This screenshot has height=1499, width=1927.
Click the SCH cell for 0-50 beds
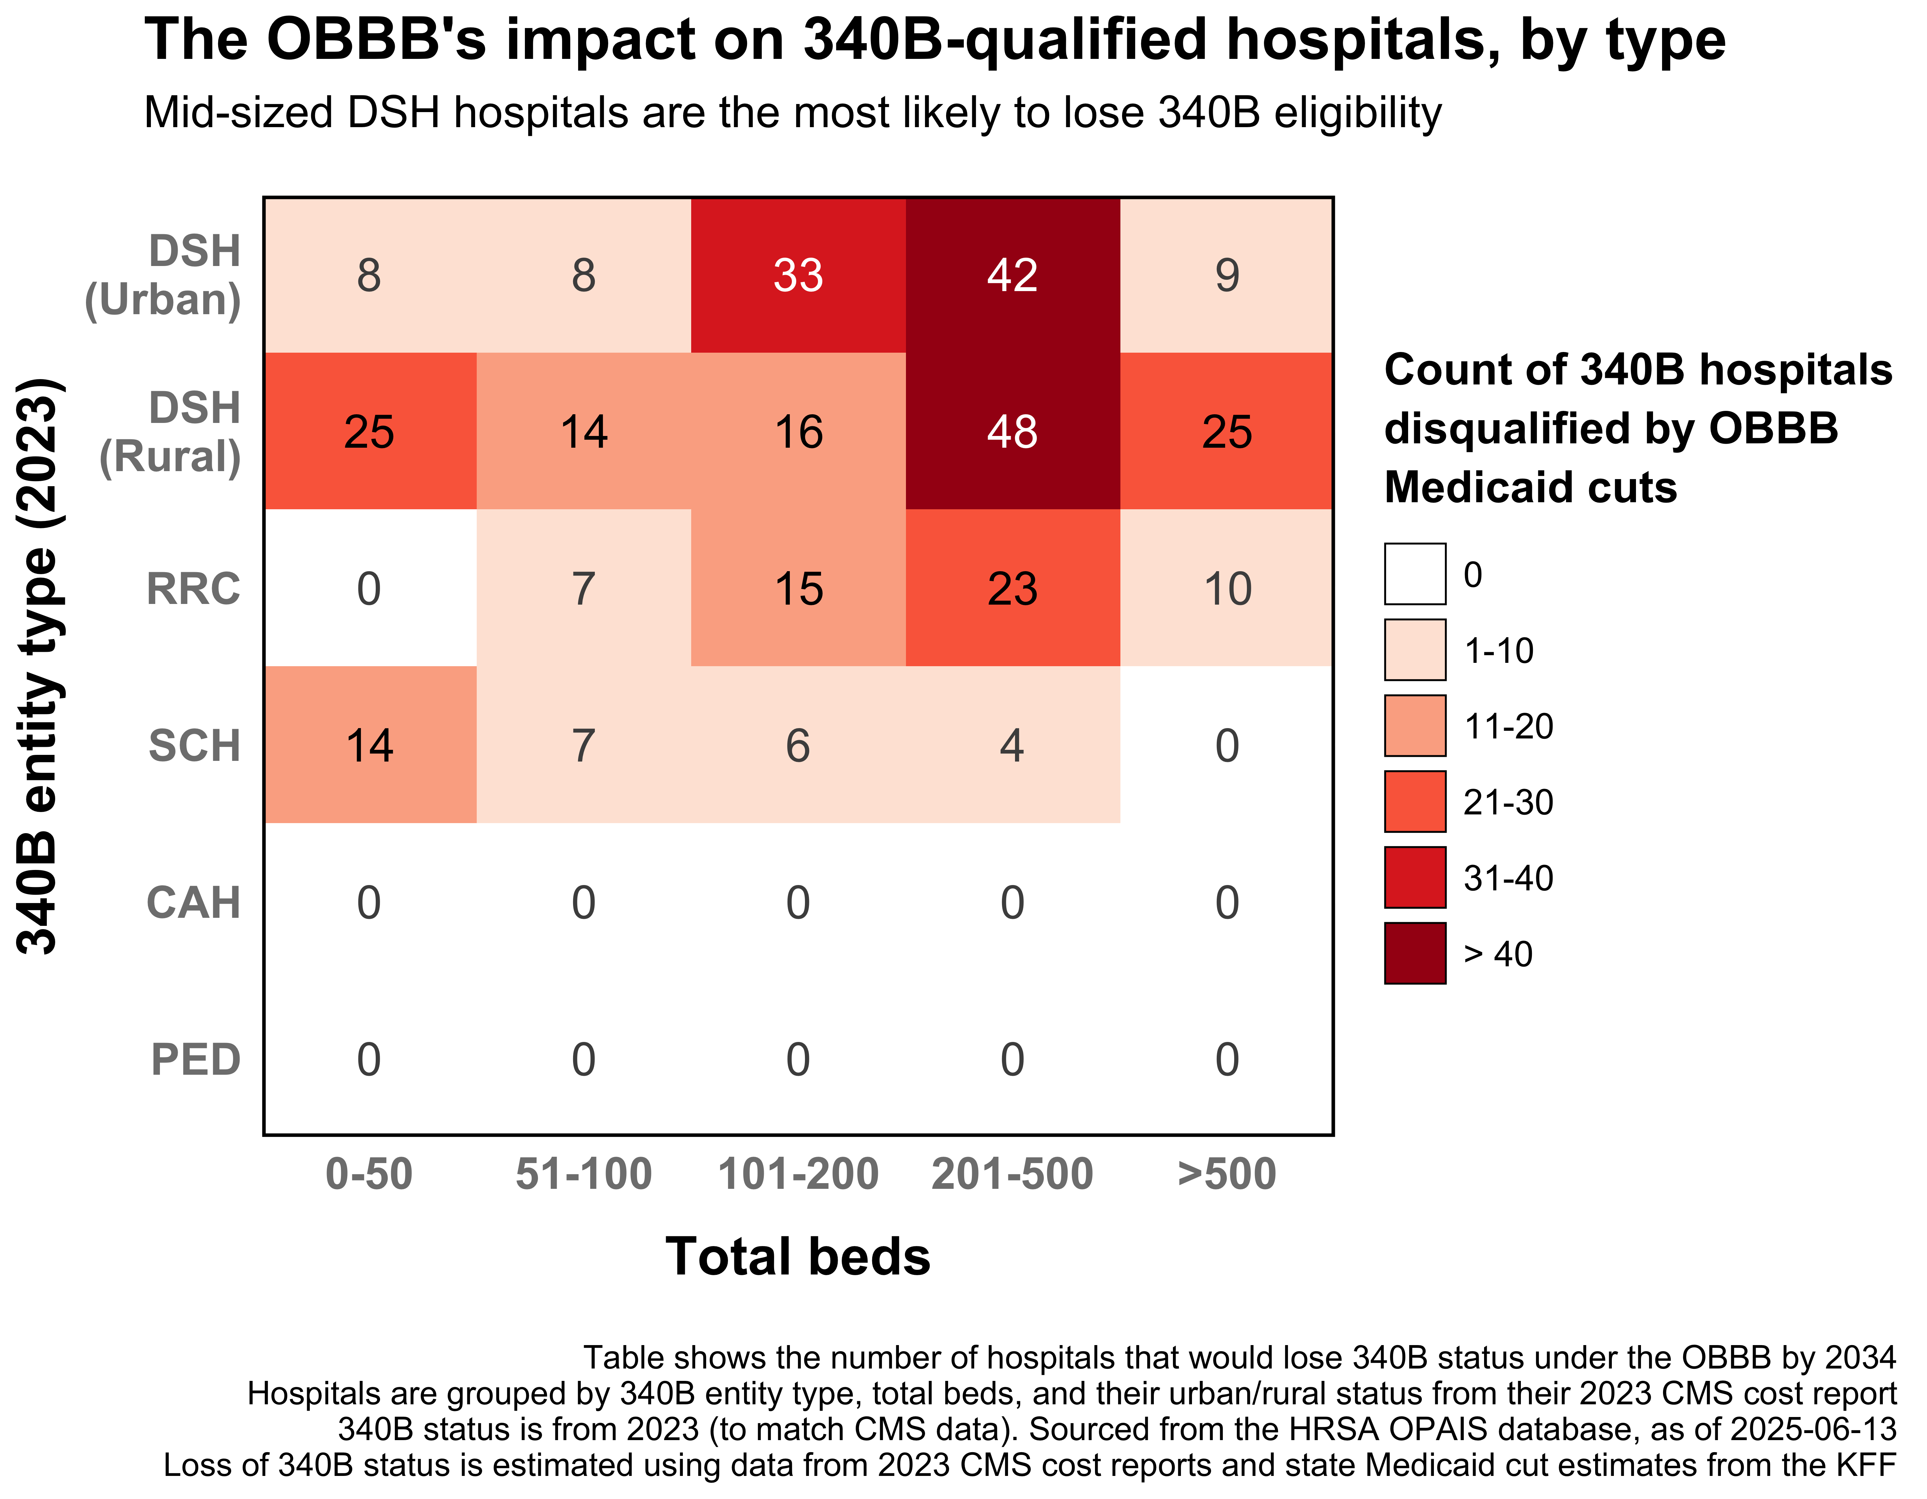[x=370, y=745]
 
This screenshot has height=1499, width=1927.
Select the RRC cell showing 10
[x=1226, y=589]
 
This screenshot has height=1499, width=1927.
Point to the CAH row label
[x=194, y=902]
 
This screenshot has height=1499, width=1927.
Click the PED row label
[x=196, y=1060]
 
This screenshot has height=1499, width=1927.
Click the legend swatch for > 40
[x=1414, y=953]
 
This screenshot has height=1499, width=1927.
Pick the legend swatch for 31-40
[x=1414, y=877]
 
